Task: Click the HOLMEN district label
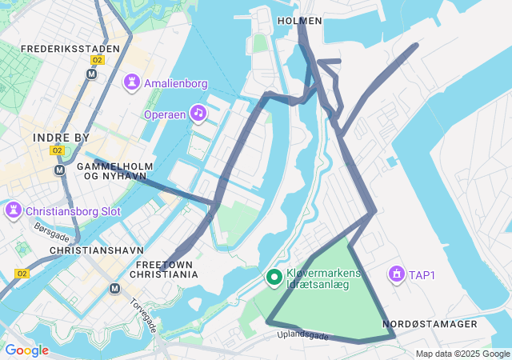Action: (x=299, y=21)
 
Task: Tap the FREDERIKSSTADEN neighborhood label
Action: (x=70, y=49)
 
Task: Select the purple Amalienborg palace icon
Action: (x=131, y=82)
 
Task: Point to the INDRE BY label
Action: (x=62, y=138)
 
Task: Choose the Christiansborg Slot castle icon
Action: (x=14, y=211)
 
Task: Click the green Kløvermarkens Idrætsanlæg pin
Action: (x=274, y=278)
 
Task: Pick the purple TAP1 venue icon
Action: (x=395, y=274)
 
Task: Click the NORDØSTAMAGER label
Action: (x=430, y=324)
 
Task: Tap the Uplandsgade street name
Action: (x=303, y=337)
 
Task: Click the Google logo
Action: (x=26, y=350)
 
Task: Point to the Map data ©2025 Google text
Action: (x=462, y=354)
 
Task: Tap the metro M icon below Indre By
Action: (x=59, y=170)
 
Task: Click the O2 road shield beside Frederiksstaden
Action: (x=98, y=60)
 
